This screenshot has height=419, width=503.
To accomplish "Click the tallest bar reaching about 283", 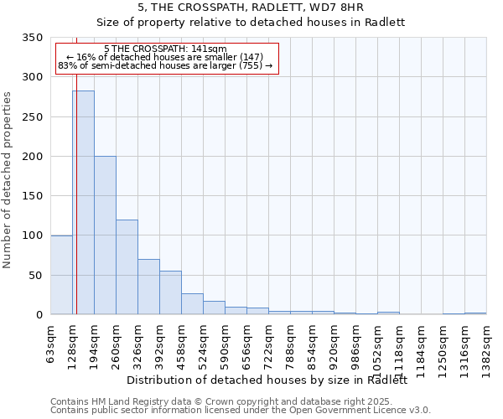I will [x=83, y=203].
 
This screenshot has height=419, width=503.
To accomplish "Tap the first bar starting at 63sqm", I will [x=61, y=275].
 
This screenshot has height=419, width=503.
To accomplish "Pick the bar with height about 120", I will [x=127, y=267].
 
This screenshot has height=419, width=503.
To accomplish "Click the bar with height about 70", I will [x=148, y=287].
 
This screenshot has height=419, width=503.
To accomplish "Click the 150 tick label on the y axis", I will [x=33, y=196].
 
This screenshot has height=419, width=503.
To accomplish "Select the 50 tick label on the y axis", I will [x=36, y=275].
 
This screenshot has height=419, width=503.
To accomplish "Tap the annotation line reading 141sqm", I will [x=165, y=49].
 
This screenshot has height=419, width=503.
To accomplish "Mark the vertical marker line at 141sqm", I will [x=76, y=168].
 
